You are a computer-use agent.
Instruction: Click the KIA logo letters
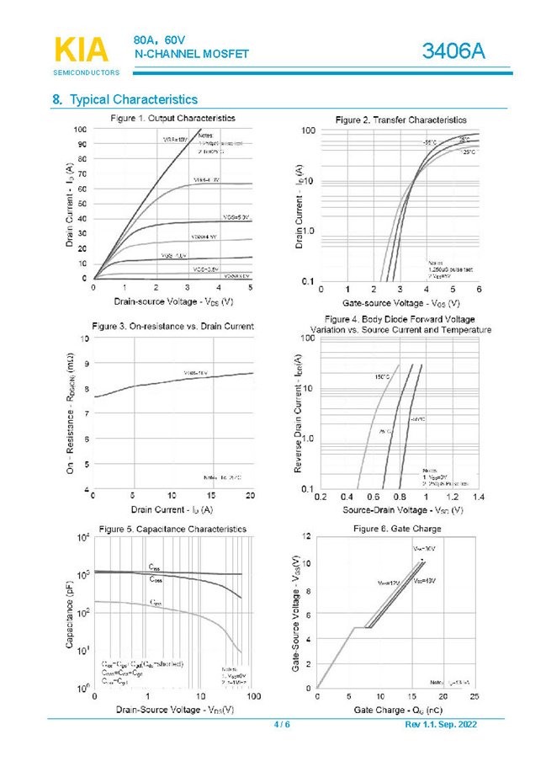81,49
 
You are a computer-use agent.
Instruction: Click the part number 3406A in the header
453,51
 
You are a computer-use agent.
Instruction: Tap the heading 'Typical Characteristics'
133,99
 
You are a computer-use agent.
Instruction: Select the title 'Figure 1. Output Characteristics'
172,118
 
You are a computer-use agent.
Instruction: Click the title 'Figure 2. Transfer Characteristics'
400,120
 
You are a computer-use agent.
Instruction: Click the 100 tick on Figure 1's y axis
80,130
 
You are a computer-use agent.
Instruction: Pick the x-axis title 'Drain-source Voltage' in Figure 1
172,301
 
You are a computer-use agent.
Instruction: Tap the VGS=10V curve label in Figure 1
175,140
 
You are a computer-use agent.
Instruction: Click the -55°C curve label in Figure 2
429,143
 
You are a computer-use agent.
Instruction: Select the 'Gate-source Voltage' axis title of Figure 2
401,302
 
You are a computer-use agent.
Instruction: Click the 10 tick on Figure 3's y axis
83,338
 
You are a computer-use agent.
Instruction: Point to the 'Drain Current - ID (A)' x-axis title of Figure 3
172,509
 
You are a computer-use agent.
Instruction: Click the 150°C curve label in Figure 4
380,377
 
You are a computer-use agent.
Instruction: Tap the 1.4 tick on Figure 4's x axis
479,498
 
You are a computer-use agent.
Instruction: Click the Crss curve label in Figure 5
156,603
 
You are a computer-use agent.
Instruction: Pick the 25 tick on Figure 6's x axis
474,697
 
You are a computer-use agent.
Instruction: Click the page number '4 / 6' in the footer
282,726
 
